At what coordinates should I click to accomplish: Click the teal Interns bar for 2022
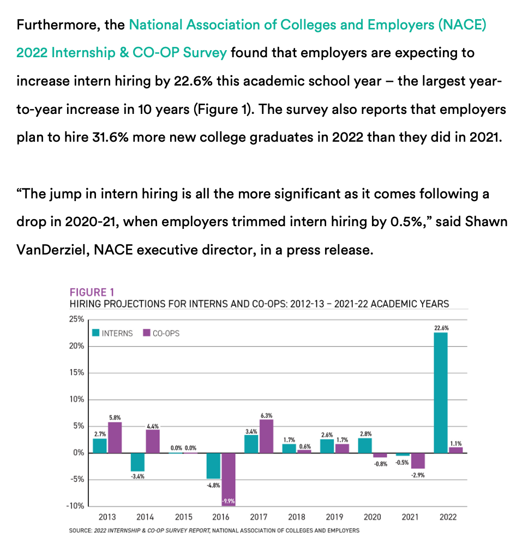[441, 392]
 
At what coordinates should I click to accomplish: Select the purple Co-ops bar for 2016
[229, 479]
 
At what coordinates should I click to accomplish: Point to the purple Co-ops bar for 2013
[114, 437]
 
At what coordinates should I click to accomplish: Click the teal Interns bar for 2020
[365, 445]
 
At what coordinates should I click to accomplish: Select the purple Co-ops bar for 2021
[418, 461]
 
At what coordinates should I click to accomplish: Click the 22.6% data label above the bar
[441, 328]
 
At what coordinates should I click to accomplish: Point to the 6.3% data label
[266, 415]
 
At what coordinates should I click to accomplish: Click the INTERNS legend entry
[112, 333]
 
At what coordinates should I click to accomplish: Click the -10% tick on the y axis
[74, 506]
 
